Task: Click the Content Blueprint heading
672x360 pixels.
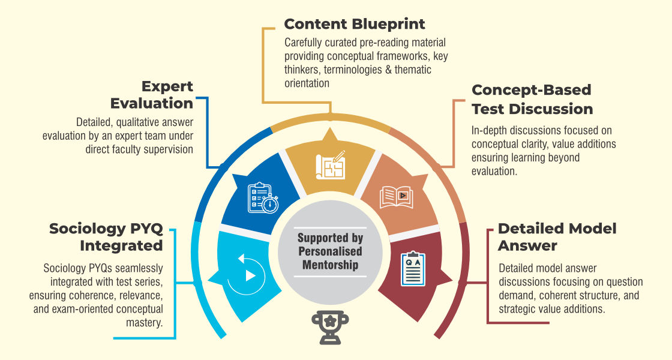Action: click(x=355, y=25)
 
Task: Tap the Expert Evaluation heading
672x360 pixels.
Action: click(x=152, y=95)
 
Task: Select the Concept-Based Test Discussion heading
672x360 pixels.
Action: click(x=532, y=100)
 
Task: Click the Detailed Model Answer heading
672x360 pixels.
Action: click(x=557, y=237)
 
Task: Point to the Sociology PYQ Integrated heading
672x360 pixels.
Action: click(x=106, y=237)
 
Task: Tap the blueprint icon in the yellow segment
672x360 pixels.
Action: click(x=331, y=165)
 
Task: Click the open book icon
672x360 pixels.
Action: click(x=397, y=197)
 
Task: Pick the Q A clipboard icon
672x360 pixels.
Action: click(x=413, y=269)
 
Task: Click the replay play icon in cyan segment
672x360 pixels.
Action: click(x=247, y=273)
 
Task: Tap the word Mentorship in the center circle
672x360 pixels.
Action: click(x=330, y=265)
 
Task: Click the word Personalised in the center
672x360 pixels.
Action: click(x=330, y=251)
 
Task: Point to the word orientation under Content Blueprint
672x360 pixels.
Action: click(x=307, y=83)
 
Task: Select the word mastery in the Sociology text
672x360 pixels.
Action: click(x=145, y=323)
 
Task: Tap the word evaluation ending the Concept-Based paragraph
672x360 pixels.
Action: click(x=494, y=171)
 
